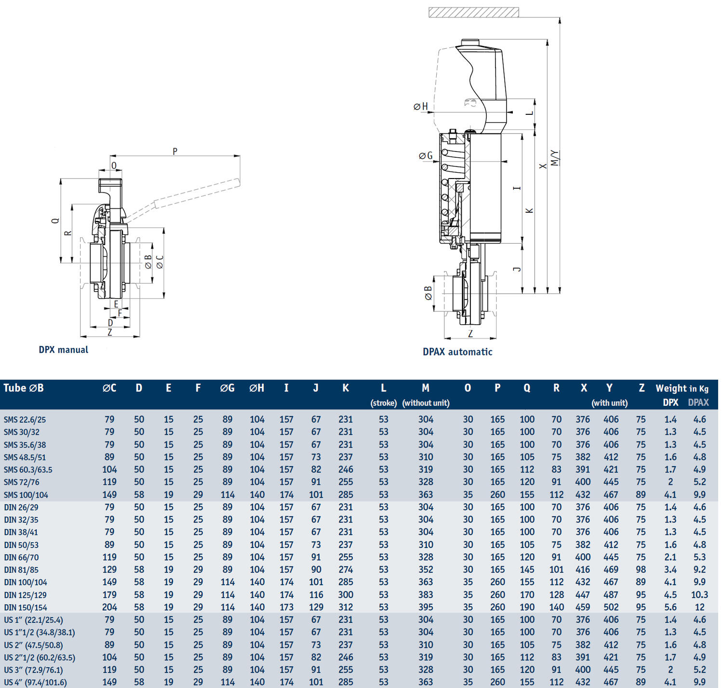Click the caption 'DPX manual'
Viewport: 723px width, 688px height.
coord(64,350)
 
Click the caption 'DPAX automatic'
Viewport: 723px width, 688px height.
coord(457,352)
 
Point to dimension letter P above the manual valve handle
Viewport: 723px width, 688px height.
coord(175,151)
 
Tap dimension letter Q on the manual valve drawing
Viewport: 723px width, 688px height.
coord(55,220)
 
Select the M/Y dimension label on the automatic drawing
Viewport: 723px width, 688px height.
coord(555,158)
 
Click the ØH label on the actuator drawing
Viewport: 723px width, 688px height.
coord(421,107)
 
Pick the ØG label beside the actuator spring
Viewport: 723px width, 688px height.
coord(426,155)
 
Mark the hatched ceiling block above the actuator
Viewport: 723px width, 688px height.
coord(473,13)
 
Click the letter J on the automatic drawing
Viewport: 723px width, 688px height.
coord(517,269)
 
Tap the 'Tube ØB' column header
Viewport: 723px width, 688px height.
coord(24,388)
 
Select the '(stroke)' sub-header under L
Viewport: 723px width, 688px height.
coord(384,403)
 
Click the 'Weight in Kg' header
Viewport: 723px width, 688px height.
coord(682,388)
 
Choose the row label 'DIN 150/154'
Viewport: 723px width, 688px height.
coord(26,607)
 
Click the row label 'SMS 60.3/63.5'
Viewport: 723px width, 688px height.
coord(28,469)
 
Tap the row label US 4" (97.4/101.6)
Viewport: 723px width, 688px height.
coord(35,682)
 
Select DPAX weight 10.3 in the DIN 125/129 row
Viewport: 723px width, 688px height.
coord(699,595)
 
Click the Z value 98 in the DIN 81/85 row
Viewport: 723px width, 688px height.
coord(641,570)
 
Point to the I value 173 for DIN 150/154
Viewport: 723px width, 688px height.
coord(286,607)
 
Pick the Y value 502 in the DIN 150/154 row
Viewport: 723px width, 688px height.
coord(611,607)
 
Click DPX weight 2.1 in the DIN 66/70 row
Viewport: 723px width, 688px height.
coord(670,557)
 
